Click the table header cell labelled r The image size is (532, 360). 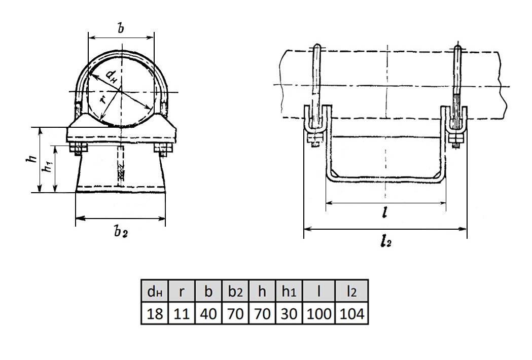tap(182, 291)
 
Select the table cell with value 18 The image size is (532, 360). tap(155, 313)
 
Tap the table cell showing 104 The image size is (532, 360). tap(351, 313)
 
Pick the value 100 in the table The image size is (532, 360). tap(318, 313)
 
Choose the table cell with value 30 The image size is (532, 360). tap(289, 313)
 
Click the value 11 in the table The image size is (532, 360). tap(182, 313)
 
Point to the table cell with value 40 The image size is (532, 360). tap(208, 313)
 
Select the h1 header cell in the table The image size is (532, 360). tap(289, 291)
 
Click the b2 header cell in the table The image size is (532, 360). tap(235, 291)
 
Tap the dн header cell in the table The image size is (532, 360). tap(155, 291)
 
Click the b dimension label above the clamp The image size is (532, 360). tap(120, 28)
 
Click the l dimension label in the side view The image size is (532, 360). tap(384, 213)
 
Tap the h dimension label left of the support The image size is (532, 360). tap(32, 159)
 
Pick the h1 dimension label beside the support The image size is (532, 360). tap(49, 165)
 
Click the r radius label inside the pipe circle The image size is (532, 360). tap(103, 99)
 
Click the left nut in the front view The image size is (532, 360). tap(79, 148)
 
